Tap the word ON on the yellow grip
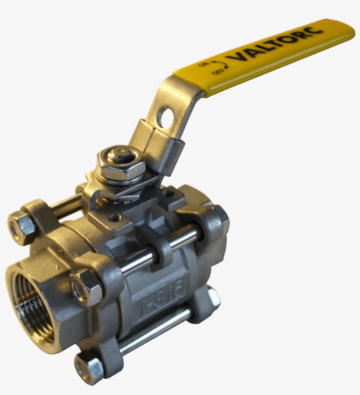(x=203, y=65)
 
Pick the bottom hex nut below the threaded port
(x=89, y=366)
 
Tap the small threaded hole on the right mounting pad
(x=169, y=192)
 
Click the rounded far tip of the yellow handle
(x=347, y=29)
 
